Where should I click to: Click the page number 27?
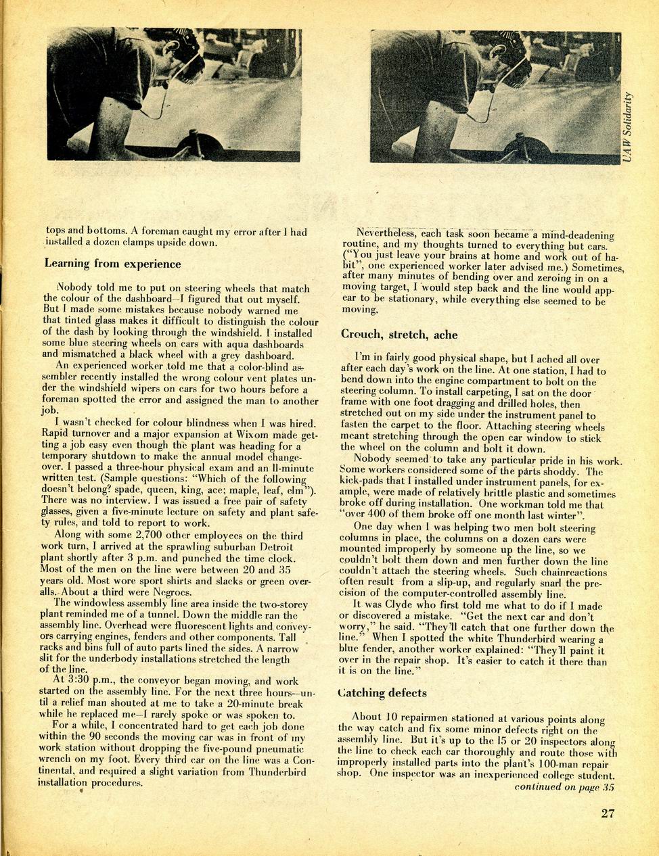pos(608,813)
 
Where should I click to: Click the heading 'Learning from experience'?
pos(112,264)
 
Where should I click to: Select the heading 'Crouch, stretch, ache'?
pos(399,334)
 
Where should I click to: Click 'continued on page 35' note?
pos(564,786)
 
